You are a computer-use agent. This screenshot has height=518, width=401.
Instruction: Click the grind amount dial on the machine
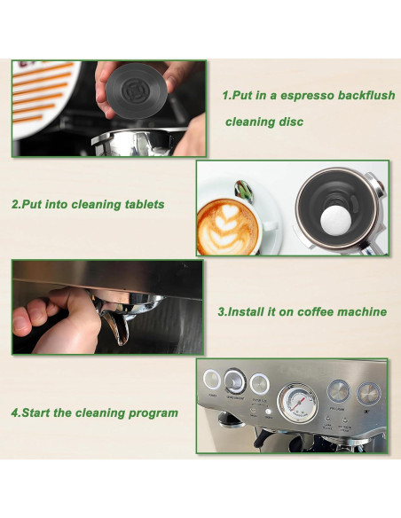[235, 381]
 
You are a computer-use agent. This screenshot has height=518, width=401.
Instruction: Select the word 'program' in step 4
[153, 412]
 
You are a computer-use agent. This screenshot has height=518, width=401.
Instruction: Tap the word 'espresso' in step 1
[300, 95]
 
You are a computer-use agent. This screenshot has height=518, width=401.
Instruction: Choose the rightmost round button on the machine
[366, 391]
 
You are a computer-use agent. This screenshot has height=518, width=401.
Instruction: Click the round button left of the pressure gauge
[259, 382]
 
